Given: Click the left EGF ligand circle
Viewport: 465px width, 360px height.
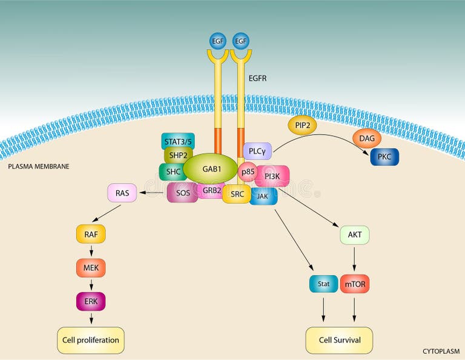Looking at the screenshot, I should click(217, 41).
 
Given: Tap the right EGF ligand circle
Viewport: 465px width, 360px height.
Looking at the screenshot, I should click(240, 41).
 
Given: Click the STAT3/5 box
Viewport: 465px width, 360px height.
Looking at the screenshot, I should click(178, 141).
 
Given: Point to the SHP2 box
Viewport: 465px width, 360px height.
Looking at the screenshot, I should click(178, 156).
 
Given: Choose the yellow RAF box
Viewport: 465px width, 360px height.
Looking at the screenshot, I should click(91, 233).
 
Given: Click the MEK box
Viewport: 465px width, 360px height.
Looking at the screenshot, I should click(91, 266).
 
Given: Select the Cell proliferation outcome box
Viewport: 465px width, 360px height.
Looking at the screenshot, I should click(91, 340).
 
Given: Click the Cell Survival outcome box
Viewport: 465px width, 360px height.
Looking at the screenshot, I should click(339, 340).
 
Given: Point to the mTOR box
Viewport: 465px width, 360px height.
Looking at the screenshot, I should click(354, 283).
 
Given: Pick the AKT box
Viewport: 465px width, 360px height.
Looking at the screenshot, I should click(354, 235).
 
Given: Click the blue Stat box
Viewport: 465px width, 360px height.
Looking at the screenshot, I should click(323, 283).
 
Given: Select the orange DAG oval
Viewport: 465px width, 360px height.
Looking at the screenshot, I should click(366, 139).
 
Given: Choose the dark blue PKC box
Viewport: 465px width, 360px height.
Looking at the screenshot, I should click(384, 156).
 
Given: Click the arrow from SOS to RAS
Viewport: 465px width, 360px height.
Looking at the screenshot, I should click(152, 193).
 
